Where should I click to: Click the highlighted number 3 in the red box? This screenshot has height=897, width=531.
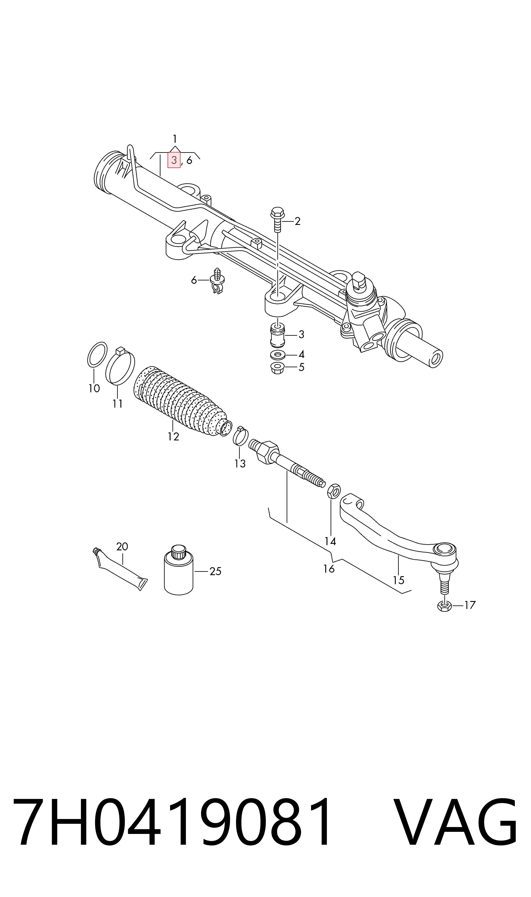tap(174, 160)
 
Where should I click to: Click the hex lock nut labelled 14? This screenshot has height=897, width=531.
tap(334, 491)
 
